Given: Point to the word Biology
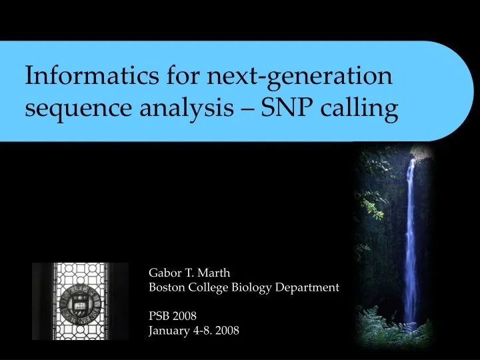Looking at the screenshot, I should point(249,288).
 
